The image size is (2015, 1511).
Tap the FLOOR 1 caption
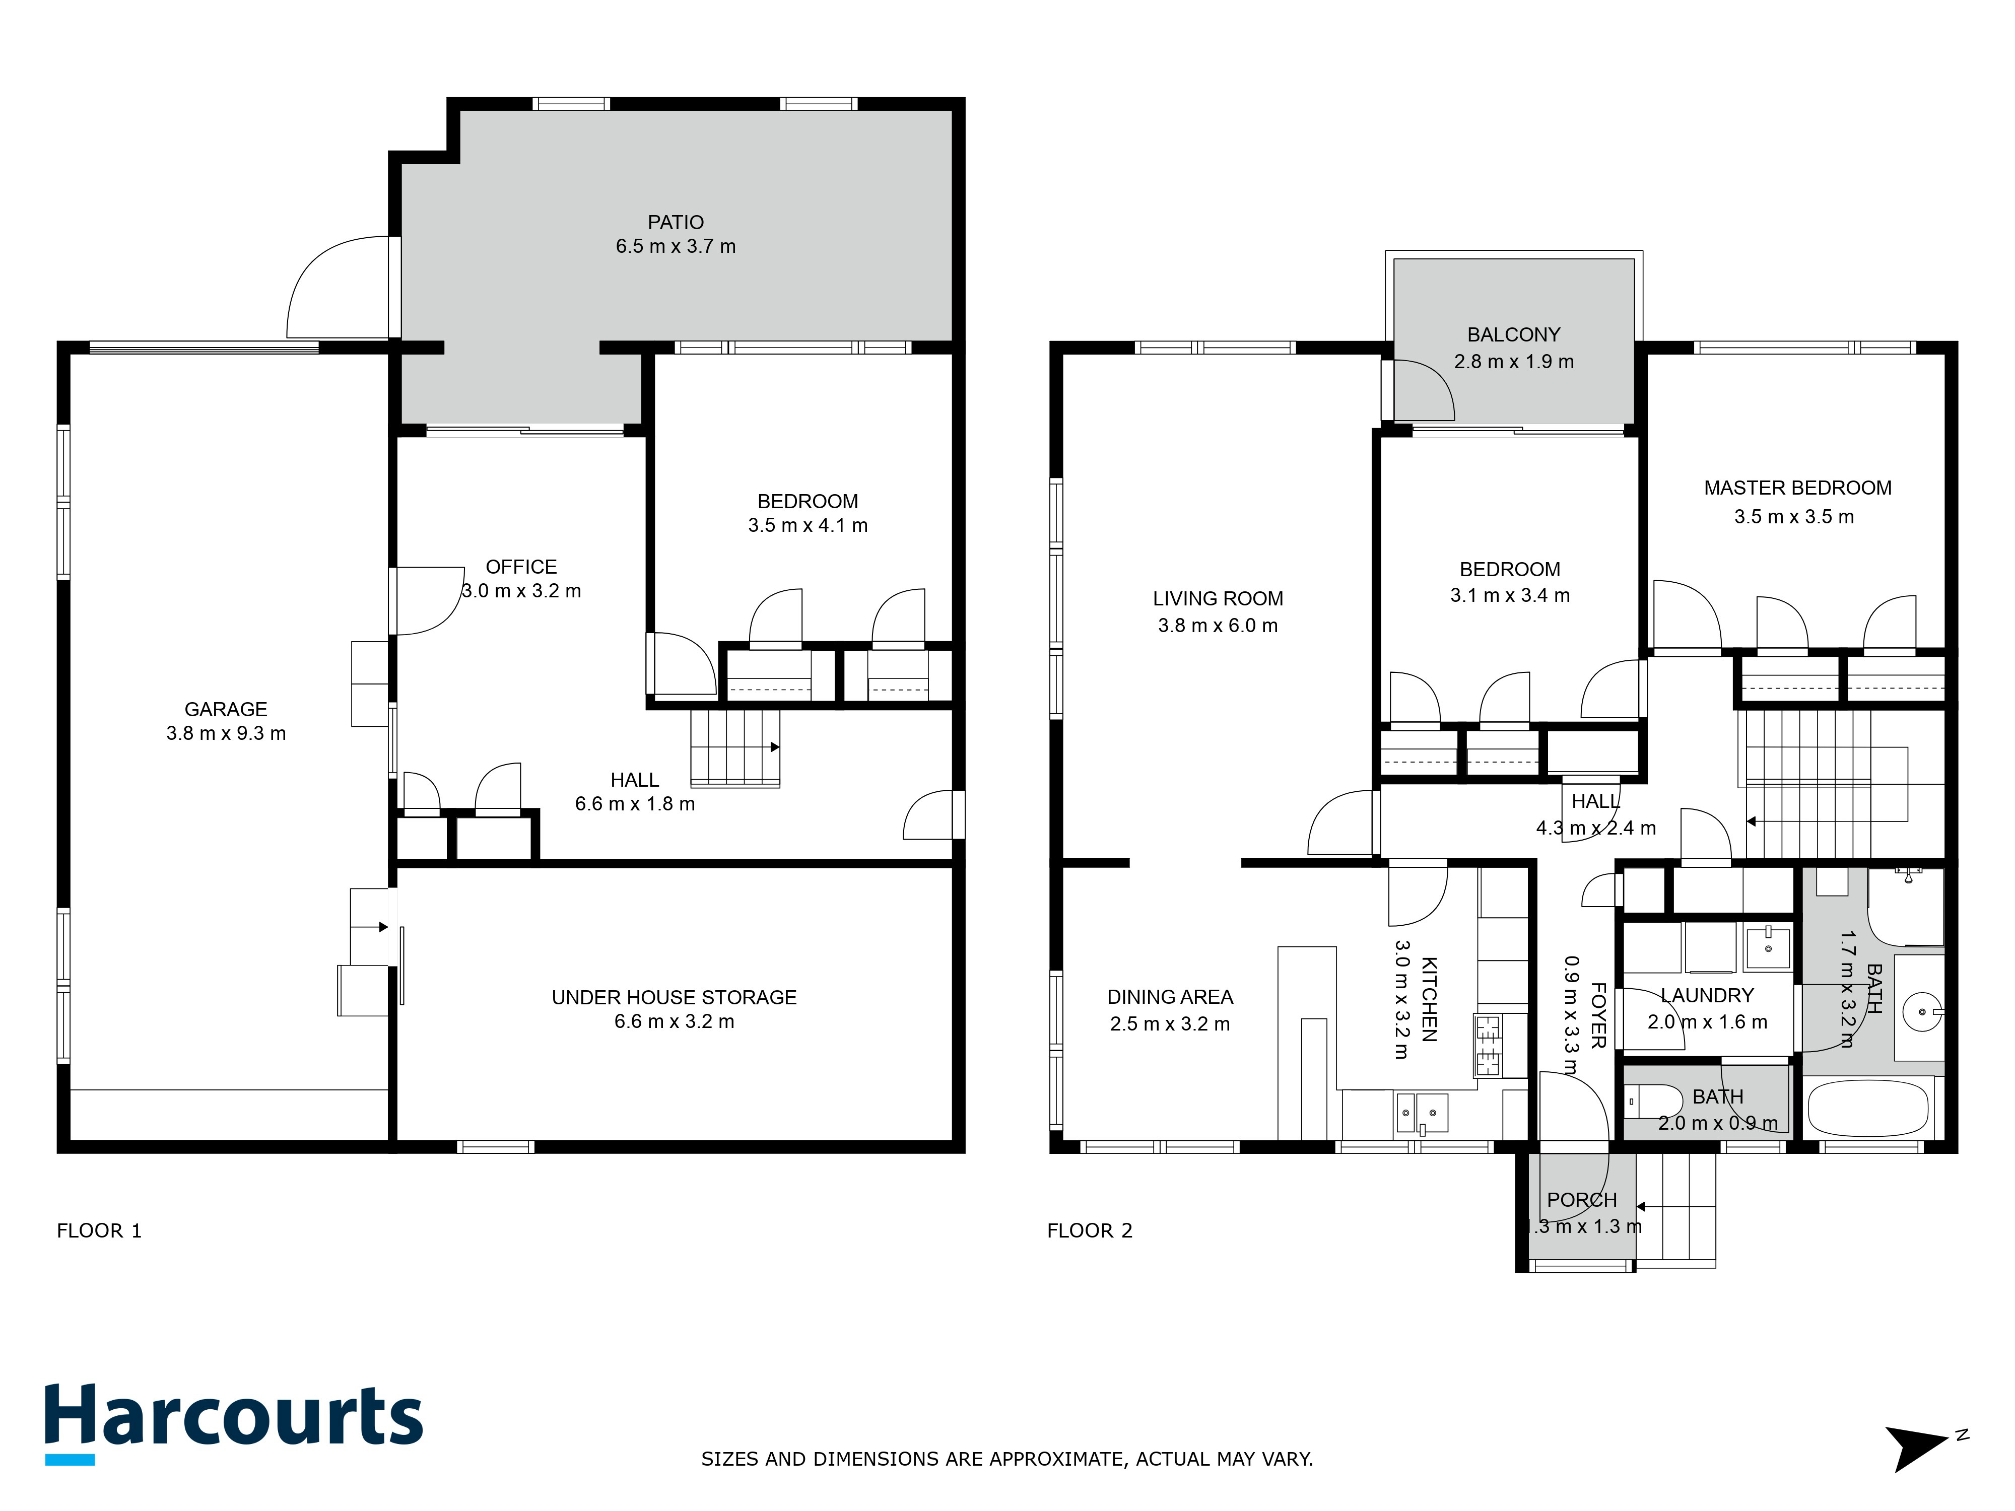click(98, 1231)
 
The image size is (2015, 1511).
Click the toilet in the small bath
click(1653, 1101)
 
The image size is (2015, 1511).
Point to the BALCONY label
click(1513, 334)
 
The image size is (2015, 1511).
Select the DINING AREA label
click(1170, 997)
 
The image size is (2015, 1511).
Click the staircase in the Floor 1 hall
click(734, 747)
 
